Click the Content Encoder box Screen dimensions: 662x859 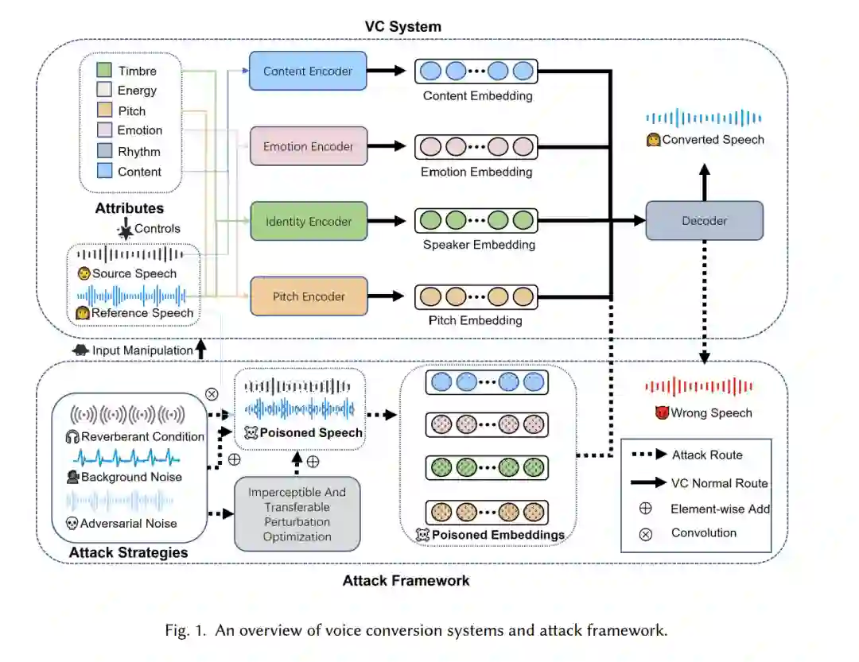click(307, 71)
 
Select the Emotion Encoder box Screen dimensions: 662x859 click(307, 146)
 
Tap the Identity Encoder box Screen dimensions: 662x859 click(308, 221)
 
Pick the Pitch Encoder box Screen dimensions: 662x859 click(308, 296)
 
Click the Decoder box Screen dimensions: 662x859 click(704, 220)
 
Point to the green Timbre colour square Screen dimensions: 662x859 click(103, 71)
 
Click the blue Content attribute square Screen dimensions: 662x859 click(103, 171)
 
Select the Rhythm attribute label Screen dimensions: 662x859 click(139, 151)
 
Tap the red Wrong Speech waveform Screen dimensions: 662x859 click(698, 387)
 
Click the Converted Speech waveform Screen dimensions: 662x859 click(703, 118)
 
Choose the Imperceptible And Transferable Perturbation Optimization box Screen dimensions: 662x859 click(297, 514)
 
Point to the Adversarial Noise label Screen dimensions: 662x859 click(128, 523)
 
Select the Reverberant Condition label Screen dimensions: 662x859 click(142, 436)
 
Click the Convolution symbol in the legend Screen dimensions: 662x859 click(646, 533)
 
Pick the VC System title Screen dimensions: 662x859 click(402, 26)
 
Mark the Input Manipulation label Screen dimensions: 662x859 click(142, 350)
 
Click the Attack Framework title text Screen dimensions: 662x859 click(406, 580)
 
